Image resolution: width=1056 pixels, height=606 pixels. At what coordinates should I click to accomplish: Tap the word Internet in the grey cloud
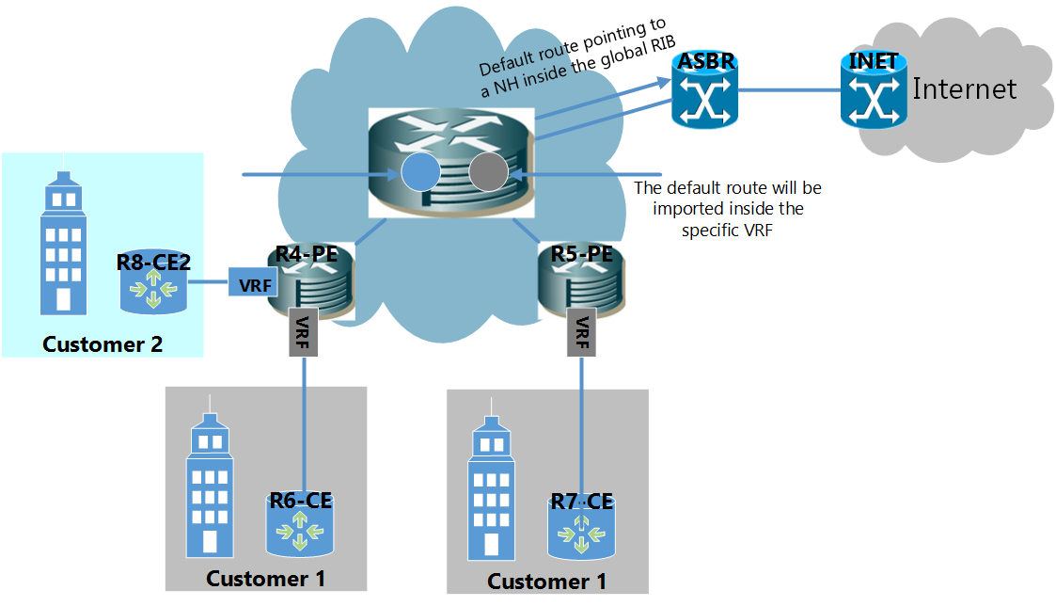pyautogui.click(x=964, y=89)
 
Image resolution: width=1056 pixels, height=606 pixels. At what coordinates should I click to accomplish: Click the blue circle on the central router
pyautogui.click(x=419, y=173)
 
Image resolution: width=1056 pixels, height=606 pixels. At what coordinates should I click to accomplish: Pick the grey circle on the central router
pyautogui.click(x=488, y=173)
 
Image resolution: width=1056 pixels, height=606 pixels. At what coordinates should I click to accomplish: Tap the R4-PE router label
pyautogui.click(x=306, y=254)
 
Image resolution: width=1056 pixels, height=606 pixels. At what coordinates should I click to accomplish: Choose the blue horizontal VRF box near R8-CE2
pyautogui.click(x=249, y=282)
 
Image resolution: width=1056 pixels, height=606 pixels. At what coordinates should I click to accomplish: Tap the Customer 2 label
pyautogui.click(x=102, y=344)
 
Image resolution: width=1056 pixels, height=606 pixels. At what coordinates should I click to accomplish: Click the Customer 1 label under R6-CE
pyautogui.click(x=266, y=579)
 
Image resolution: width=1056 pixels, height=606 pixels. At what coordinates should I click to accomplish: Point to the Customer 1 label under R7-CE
pyautogui.click(x=546, y=582)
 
